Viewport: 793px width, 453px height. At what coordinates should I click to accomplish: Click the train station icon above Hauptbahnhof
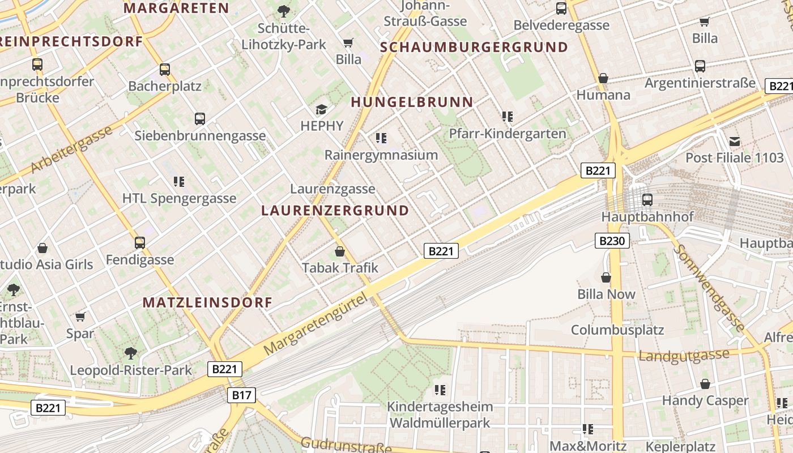(647, 199)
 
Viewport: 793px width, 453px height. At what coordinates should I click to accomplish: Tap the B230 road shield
(612, 241)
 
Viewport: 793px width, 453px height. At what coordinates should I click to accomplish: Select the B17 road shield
(242, 395)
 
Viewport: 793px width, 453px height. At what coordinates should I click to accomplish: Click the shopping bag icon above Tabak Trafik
(340, 251)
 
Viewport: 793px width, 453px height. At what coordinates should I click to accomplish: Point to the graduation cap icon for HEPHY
(322, 109)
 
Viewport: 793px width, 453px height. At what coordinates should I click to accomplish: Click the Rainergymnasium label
(381, 155)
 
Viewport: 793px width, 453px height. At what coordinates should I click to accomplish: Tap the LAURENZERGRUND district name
(335, 211)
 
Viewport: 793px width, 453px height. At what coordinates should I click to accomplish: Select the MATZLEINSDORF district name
(208, 302)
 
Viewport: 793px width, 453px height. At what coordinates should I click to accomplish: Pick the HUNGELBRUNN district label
(412, 102)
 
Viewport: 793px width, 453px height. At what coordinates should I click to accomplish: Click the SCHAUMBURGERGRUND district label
(474, 48)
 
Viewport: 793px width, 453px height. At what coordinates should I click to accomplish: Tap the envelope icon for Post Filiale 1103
(735, 141)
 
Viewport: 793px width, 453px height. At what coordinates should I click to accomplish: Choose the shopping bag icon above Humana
(603, 78)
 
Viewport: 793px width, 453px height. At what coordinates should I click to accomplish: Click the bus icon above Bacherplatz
(165, 70)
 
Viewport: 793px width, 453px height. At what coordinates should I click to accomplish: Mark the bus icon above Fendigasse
(140, 243)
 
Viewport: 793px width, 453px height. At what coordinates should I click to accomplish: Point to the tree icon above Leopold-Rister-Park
(131, 353)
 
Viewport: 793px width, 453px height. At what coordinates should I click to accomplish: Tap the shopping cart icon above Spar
(80, 317)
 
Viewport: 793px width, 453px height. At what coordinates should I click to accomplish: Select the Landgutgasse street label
(684, 356)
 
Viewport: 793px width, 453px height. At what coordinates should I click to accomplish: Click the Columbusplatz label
(617, 330)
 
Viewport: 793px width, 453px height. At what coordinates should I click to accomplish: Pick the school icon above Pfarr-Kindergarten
(507, 117)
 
